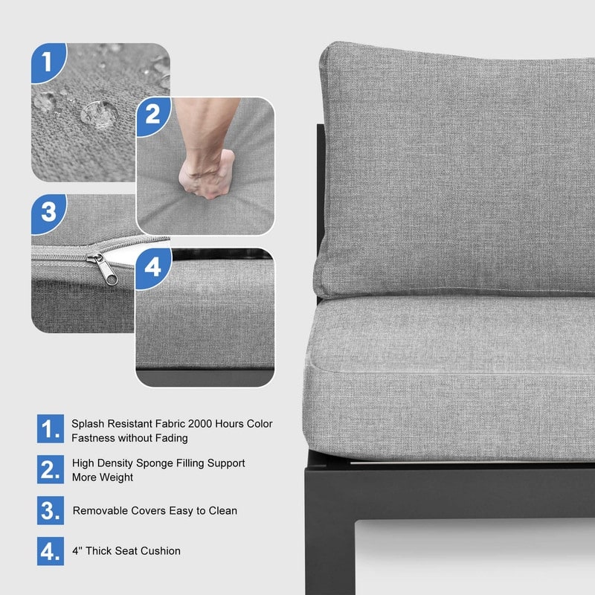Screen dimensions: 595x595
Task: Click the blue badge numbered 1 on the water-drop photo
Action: coord(47,62)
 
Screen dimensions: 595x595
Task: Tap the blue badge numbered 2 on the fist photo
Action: coord(153,115)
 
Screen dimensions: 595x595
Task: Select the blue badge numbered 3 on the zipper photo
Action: coord(48,213)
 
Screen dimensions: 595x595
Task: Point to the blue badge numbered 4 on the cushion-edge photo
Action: coord(153,268)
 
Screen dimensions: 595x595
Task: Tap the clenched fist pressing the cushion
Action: coord(206,174)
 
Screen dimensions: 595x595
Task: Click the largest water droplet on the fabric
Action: coord(100,114)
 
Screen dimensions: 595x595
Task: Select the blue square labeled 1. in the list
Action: coord(51,428)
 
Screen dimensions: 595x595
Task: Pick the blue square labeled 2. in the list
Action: coord(51,469)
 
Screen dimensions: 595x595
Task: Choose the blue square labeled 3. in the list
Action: coord(51,510)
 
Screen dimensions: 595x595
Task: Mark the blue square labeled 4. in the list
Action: coord(51,551)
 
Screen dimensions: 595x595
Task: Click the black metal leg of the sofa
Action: coord(329,543)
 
